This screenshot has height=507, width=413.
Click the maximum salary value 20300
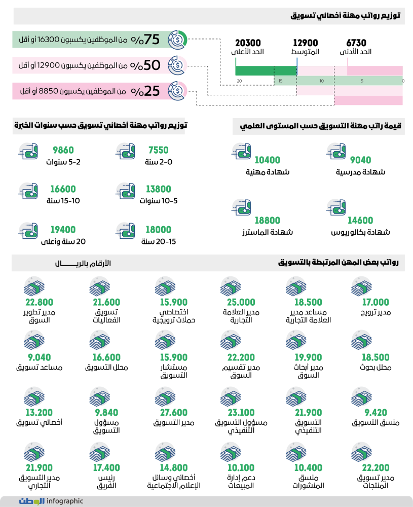(248, 43)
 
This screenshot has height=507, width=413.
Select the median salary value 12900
(306, 43)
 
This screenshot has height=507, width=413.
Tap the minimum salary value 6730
(356, 43)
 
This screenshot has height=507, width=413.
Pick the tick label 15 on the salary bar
(280, 81)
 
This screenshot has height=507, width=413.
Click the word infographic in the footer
(65, 501)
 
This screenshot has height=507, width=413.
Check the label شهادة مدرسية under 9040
(360, 172)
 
